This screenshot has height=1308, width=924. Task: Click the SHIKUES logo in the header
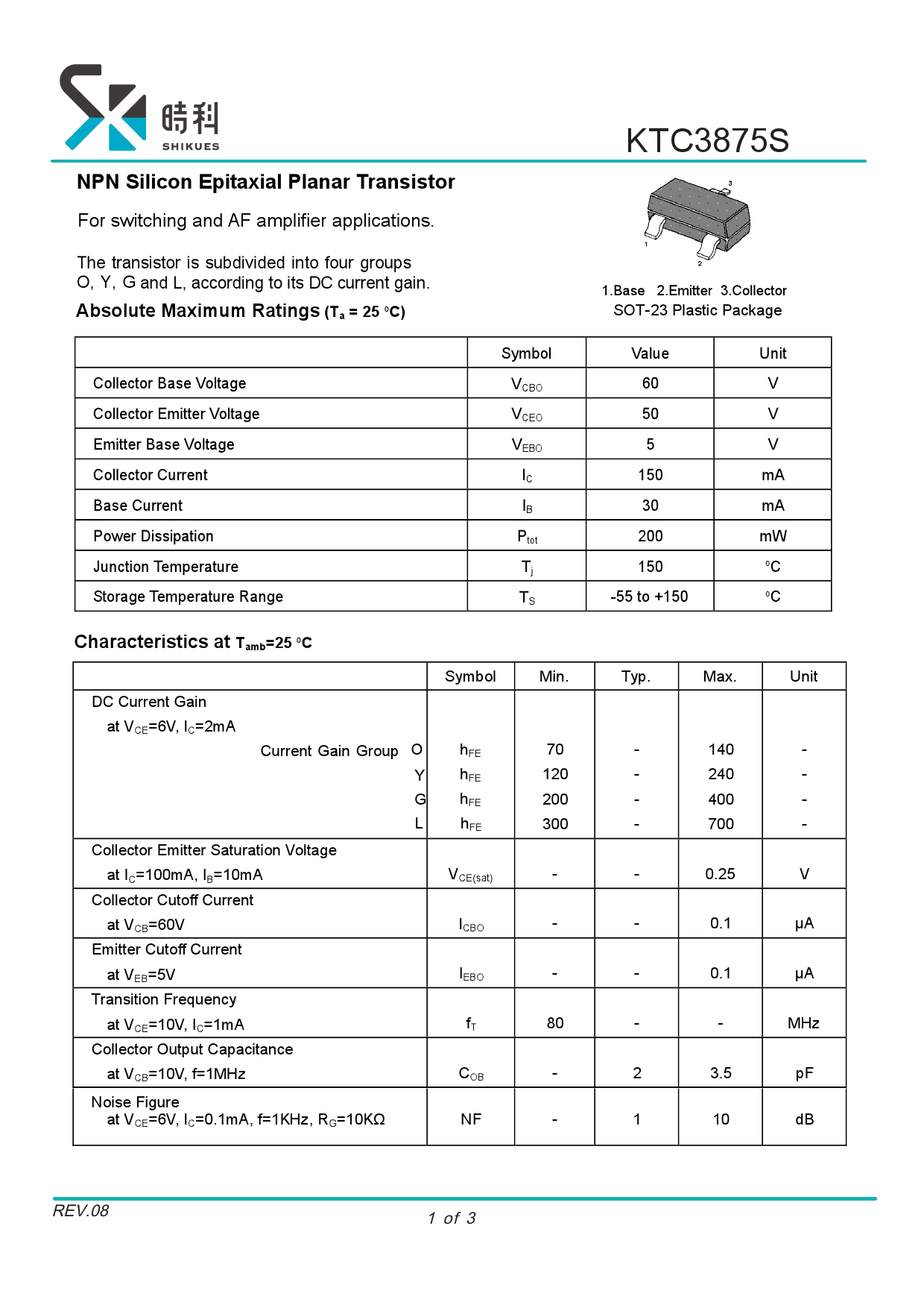(x=139, y=108)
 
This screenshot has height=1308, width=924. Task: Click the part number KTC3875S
(x=707, y=140)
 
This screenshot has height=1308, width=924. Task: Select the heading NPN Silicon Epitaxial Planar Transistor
(x=265, y=182)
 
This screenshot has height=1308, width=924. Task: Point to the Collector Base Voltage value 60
(x=650, y=383)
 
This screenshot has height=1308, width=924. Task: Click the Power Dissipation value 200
(x=650, y=536)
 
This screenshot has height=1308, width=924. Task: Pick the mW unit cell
(x=773, y=536)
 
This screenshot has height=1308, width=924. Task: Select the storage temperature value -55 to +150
(x=649, y=597)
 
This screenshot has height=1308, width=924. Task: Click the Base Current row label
(x=138, y=506)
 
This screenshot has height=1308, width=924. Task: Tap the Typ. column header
(x=636, y=676)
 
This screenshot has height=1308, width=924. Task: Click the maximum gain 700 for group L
(x=721, y=824)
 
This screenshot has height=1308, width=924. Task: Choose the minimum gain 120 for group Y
(x=555, y=774)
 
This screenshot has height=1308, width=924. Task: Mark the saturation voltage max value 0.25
(x=720, y=874)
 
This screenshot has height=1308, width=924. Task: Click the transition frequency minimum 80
(x=555, y=1023)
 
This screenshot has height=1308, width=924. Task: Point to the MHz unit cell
(x=803, y=1023)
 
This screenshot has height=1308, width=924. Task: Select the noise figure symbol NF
(x=471, y=1119)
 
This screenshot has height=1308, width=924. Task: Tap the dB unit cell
(x=804, y=1119)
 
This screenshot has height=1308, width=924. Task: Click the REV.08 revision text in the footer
(x=80, y=1211)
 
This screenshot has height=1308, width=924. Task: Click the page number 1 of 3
(x=452, y=1219)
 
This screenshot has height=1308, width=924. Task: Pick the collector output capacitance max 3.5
(x=721, y=1073)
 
